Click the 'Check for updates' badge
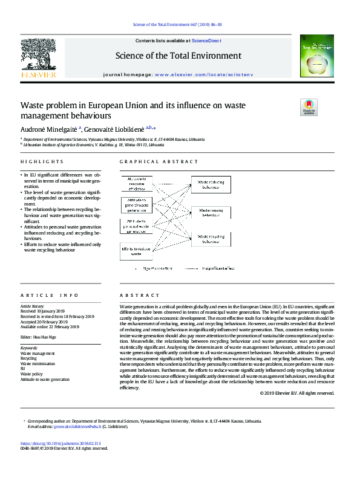(309, 107)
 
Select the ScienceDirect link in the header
(206, 41)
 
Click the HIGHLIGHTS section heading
(42, 162)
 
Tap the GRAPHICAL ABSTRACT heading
(159, 162)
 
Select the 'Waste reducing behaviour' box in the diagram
(211, 184)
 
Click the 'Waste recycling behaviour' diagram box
(211, 239)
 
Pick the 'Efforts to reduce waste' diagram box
(136, 251)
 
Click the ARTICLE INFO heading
(50, 296)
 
